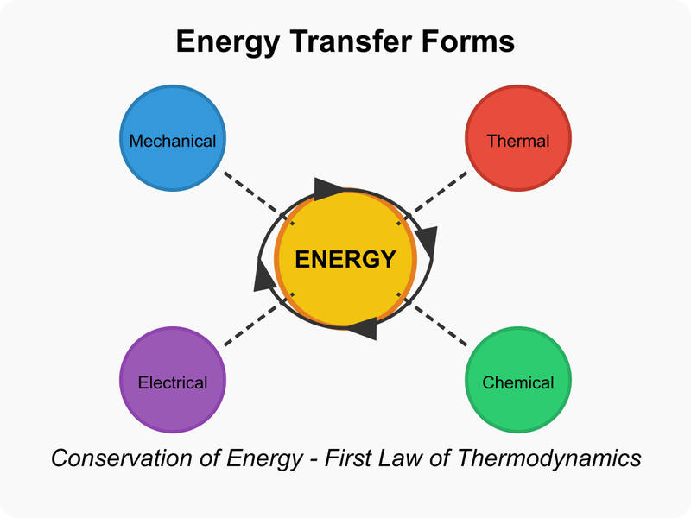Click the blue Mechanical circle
pos(173,138)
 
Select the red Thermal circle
pos(518,138)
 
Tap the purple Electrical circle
pos(173,380)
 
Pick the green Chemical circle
pos(518,380)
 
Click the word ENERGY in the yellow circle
pos(345,259)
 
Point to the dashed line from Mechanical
pos(259,199)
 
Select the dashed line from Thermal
pos(432,199)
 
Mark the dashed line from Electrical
pos(259,319)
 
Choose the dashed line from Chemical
pos(432,319)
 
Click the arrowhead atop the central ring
pos(327,189)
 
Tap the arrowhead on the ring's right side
pos(428,242)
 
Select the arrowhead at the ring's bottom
pos(364,328)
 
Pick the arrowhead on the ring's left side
pos(263,275)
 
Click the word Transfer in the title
pos(352,41)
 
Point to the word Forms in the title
pos(468,41)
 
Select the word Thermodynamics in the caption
pos(549,459)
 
